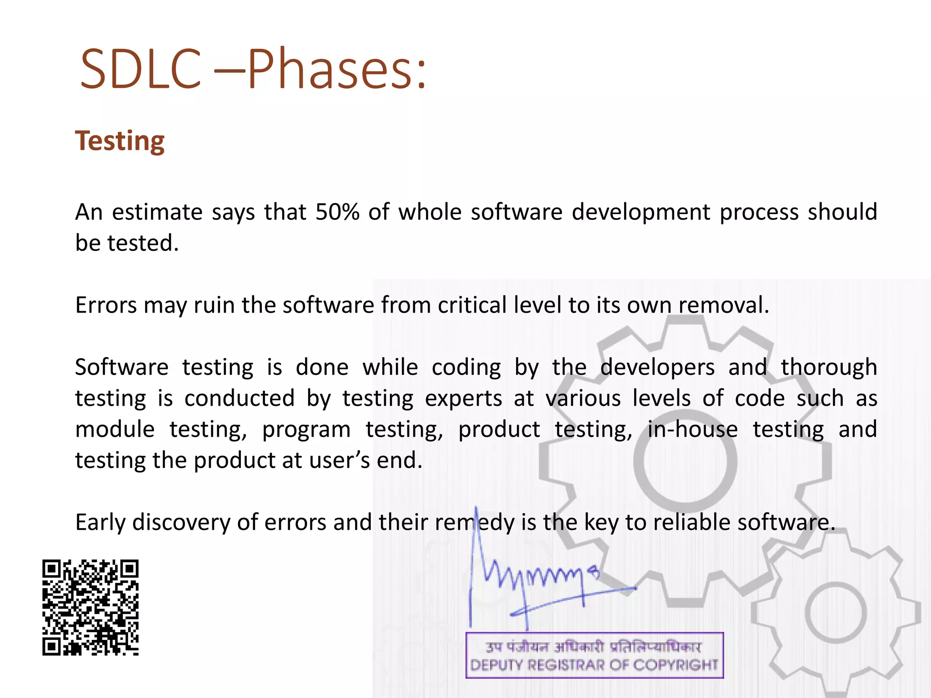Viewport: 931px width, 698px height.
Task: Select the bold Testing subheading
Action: [120, 141]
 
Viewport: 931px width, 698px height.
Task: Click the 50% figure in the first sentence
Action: [337, 212]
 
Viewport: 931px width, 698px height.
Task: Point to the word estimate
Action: [157, 212]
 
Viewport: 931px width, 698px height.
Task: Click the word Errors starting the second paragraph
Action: [105, 305]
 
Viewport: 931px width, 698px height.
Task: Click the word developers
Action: [657, 367]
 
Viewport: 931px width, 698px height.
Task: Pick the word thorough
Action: [828, 367]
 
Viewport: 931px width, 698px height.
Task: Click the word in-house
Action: [692, 429]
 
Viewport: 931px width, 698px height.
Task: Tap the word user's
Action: [339, 460]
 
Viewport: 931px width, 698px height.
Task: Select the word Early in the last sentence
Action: [100, 523]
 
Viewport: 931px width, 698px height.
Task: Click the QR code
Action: [90, 608]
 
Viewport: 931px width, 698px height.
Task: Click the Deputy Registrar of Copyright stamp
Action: [594, 655]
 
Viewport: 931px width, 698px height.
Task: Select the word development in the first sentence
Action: [641, 212]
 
